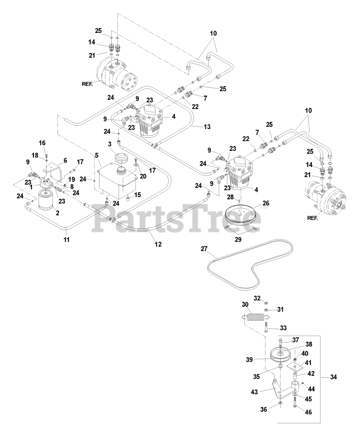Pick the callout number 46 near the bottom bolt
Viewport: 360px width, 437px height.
pos(308,412)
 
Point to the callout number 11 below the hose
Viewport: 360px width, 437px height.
pos(67,240)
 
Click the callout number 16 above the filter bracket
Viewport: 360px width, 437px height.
pos(42,143)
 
